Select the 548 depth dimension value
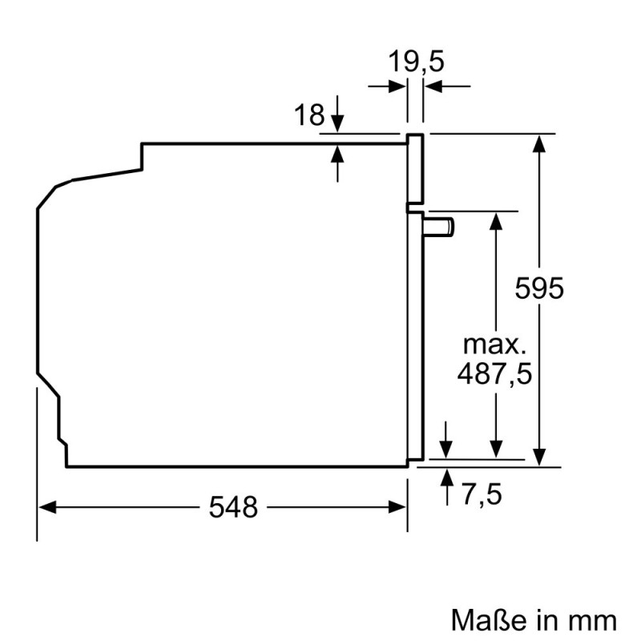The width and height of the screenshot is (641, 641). [234, 506]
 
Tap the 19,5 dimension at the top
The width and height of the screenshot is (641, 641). [416, 62]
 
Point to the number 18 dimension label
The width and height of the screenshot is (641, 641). [308, 116]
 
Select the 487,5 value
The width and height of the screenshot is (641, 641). [495, 373]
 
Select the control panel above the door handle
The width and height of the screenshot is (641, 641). [415, 168]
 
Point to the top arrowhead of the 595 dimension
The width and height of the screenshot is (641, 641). [542, 144]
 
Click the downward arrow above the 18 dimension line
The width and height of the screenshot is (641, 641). [337, 123]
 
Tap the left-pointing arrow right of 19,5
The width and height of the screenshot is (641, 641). [432, 87]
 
